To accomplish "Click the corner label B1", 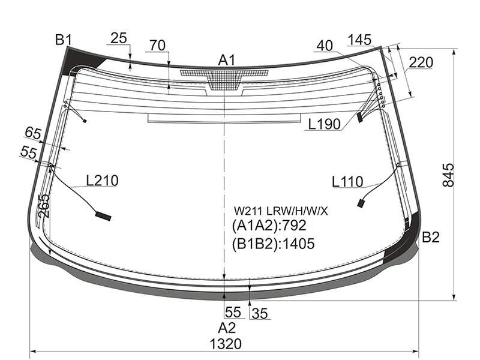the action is click(64, 40).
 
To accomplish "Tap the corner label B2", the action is click(431, 237).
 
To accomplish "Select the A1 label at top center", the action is click(227, 60).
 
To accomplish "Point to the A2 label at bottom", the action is click(227, 328).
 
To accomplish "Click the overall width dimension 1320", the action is click(226, 344).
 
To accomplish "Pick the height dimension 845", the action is click(448, 175).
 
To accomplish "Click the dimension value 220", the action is click(421, 62).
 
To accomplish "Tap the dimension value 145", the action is click(359, 40).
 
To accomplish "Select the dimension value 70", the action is click(157, 46).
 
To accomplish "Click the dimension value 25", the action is click(118, 38).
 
